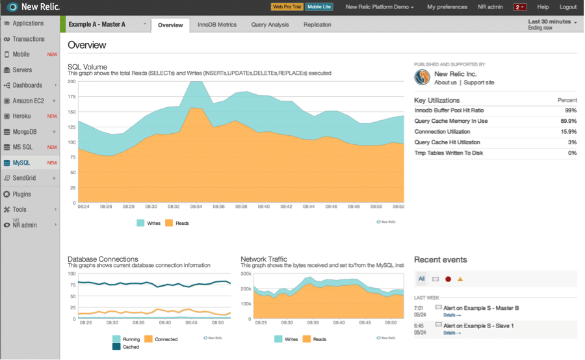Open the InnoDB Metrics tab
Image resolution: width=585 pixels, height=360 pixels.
[217, 25]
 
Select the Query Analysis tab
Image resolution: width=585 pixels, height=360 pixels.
[270, 25]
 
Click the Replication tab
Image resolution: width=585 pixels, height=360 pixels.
[317, 25]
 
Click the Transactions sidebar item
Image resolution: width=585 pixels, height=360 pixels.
[29, 39]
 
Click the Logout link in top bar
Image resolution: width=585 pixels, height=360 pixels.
[567, 7]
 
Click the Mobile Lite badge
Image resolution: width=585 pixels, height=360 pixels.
[319, 7]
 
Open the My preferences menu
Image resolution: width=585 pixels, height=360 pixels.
[447, 7]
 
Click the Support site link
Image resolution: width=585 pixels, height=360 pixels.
[479, 83]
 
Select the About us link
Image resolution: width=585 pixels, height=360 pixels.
[445, 83]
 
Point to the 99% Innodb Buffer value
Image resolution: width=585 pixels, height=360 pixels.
[570, 110]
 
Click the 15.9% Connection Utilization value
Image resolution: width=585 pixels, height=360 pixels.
[568, 132]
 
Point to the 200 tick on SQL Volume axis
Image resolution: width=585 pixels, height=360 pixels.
[71, 81]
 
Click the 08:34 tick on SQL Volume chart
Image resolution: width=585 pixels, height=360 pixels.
[196, 207]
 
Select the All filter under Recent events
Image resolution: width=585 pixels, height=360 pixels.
[421, 279]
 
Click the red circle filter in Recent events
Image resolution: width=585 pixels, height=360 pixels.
[448, 279]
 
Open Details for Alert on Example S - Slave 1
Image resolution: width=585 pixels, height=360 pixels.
[452, 333]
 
